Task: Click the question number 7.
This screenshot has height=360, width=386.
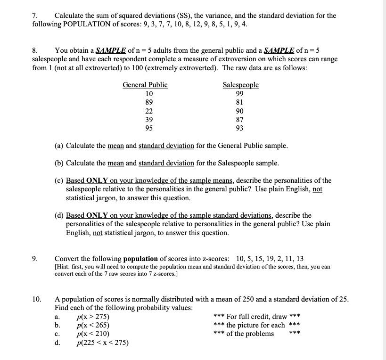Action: coord(34,16)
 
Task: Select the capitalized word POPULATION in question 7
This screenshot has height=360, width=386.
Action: coord(81,24)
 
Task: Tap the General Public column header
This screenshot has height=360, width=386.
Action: coord(145,85)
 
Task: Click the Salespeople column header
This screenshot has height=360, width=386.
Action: coord(240,85)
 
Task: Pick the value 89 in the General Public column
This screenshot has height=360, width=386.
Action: coord(149,102)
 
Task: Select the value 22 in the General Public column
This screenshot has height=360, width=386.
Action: coord(149,111)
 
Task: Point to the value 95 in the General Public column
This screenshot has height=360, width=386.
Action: coord(149,128)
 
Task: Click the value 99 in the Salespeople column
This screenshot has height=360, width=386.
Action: coord(240,93)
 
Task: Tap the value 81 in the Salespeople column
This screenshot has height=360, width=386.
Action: coord(240,102)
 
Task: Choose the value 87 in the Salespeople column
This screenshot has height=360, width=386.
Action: coord(240,120)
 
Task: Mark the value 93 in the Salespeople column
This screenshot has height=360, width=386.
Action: coord(240,128)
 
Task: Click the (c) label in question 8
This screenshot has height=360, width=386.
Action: coord(59,180)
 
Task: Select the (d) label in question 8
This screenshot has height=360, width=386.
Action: coord(59,215)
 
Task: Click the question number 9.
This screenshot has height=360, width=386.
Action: coord(35,259)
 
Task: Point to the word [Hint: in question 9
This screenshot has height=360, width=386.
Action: coord(64,267)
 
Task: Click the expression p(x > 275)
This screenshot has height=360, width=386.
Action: coord(93,317)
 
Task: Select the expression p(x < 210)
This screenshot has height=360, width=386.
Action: coord(93,334)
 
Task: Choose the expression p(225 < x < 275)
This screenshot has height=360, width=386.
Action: coord(102,343)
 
